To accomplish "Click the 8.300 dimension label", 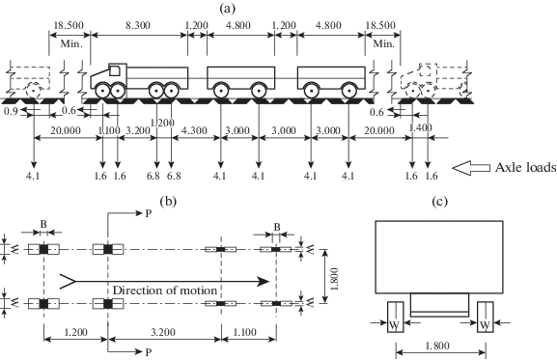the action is point(138,25).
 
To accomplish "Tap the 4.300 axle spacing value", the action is point(194,130).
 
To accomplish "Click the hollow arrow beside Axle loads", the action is point(471,168).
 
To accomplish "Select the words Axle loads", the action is point(526,167).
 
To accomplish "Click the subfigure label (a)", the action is point(228,8).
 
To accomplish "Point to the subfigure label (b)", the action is point(168,202).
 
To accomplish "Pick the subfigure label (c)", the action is point(440,202).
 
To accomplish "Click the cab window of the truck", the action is point(115,70).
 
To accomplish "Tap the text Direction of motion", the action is point(165,291).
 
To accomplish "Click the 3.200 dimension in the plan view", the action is point(163,332).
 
